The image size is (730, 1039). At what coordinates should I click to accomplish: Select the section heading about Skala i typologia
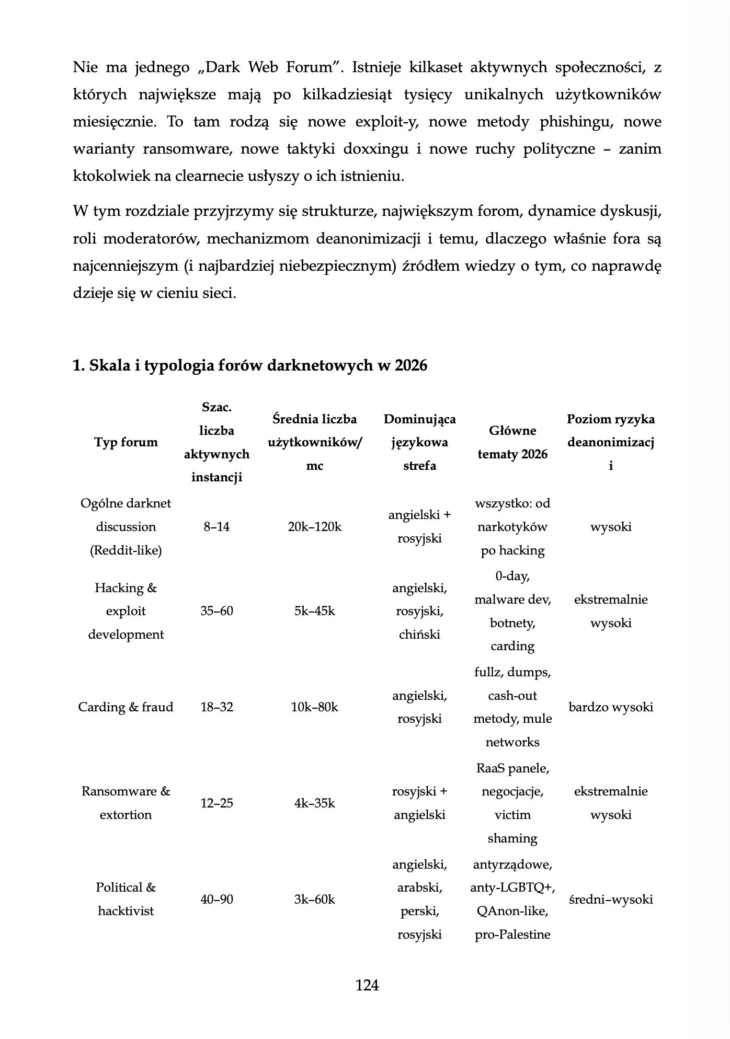(250, 365)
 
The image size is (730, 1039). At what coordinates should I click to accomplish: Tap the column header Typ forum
(126, 442)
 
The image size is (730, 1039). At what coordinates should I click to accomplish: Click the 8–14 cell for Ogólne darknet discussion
(216, 527)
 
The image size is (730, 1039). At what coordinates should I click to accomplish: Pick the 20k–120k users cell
(314, 527)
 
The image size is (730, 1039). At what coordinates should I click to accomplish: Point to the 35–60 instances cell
(216, 611)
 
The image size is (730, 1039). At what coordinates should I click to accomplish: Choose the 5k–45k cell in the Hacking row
(314, 611)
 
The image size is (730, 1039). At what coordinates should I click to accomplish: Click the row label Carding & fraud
(126, 707)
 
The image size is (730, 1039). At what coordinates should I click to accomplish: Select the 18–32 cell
(216, 707)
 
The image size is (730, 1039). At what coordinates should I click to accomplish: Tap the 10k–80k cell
(314, 707)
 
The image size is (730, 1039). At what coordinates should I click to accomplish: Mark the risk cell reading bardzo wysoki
(610, 707)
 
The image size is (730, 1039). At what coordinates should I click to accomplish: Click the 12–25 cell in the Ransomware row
(216, 803)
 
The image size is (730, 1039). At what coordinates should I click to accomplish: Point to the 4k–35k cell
(314, 803)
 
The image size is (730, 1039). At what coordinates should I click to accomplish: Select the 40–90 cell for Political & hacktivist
(216, 899)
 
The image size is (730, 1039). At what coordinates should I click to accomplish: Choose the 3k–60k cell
(314, 899)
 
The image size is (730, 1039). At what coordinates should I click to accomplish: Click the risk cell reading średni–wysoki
(610, 899)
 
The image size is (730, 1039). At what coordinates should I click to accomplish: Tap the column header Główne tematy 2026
(512, 442)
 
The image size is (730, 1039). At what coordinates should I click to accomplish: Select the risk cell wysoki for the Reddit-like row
(610, 527)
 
